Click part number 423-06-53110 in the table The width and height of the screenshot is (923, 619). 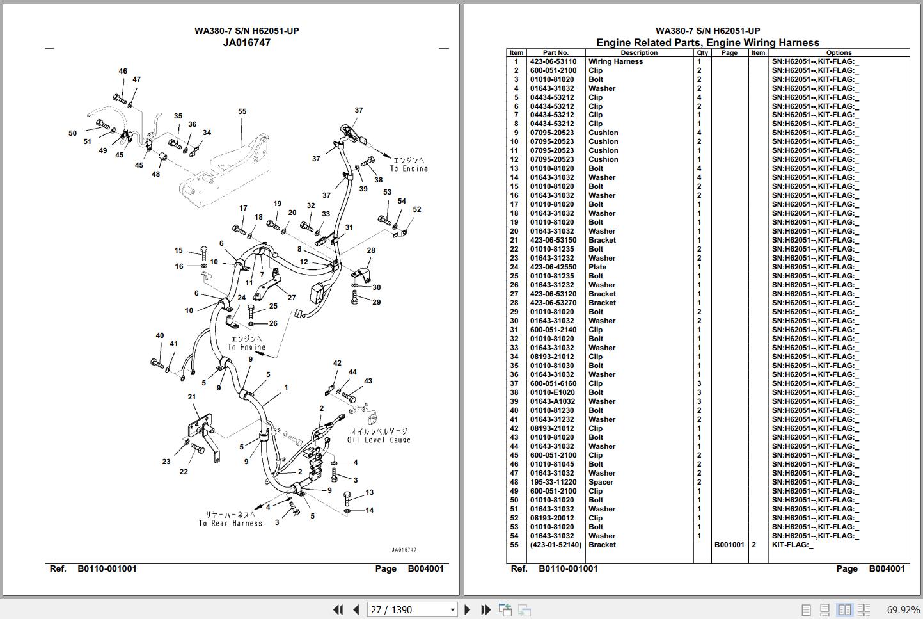click(x=553, y=62)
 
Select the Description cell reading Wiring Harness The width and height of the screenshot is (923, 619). click(x=615, y=62)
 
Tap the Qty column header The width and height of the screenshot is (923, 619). click(x=702, y=52)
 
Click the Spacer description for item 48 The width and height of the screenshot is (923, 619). click(x=601, y=482)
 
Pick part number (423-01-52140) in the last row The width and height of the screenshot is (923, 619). click(x=555, y=545)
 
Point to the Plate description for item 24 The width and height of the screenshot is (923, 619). click(x=597, y=267)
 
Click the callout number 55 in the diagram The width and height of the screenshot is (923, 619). click(x=242, y=111)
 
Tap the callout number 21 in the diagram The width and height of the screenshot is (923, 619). click(x=192, y=397)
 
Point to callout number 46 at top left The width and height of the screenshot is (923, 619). click(x=123, y=71)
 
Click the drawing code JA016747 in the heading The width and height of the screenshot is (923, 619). click(x=246, y=43)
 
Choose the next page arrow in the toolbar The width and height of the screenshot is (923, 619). click(x=467, y=609)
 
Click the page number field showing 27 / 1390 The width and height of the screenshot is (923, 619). click(x=412, y=609)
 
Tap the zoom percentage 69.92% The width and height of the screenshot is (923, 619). click(x=903, y=609)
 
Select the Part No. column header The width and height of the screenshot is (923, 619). click(x=555, y=52)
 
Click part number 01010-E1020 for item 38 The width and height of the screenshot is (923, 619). click(x=552, y=392)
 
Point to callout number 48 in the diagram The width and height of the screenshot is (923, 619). click(x=155, y=174)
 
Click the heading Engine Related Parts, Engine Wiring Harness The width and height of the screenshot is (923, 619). click(x=707, y=43)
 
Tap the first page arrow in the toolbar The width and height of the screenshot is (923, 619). click(x=338, y=609)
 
